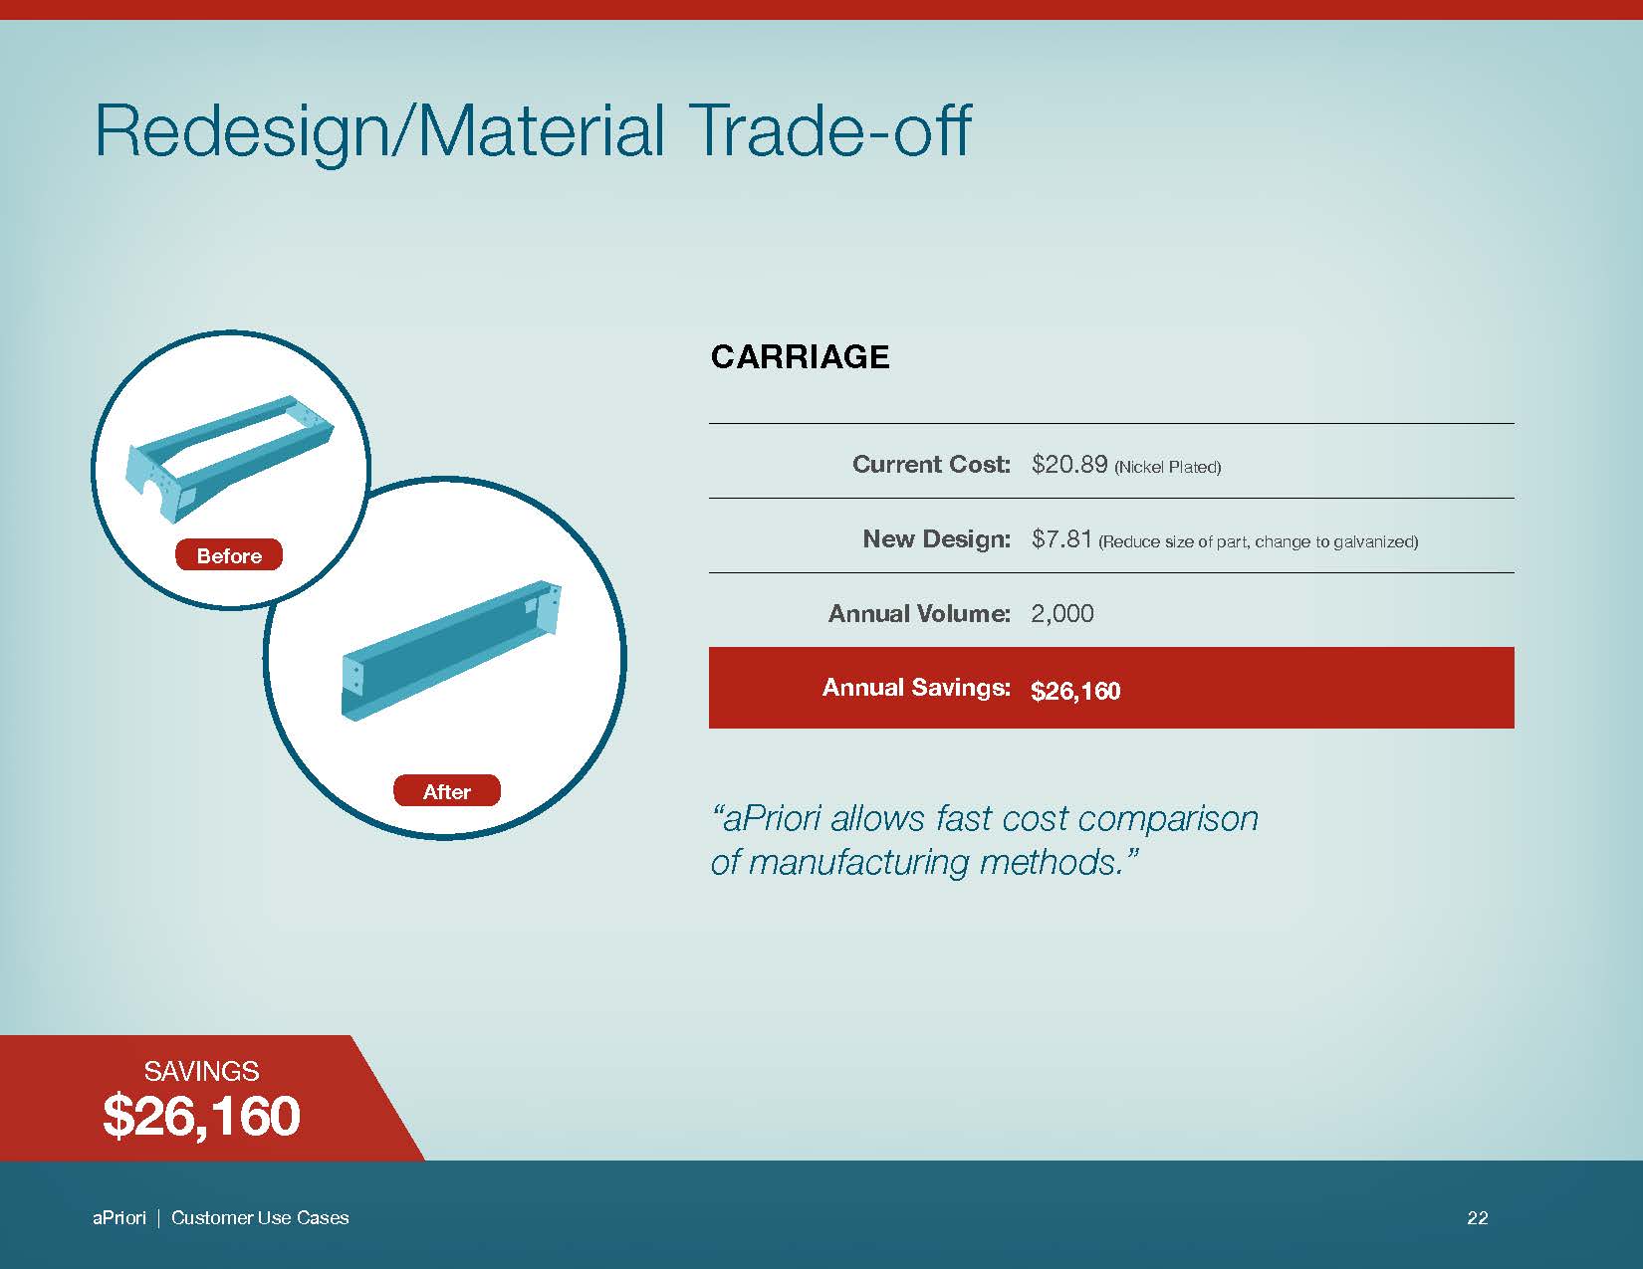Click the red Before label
click(229, 554)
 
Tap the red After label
click(447, 790)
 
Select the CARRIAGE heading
click(800, 356)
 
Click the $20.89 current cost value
click(1069, 464)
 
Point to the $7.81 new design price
click(1061, 538)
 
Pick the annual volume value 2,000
click(1062, 614)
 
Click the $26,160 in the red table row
click(1075, 691)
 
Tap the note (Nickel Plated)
click(1168, 467)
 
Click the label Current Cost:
click(931, 464)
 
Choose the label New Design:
click(937, 538)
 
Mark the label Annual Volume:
click(919, 613)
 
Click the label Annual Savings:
click(916, 687)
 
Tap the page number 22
click(1478, 1217)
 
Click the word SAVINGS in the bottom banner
click(202, 1071)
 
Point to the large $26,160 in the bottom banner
click(202, 1117)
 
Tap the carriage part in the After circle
click(451, 650)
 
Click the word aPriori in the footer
click(119, 1217)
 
